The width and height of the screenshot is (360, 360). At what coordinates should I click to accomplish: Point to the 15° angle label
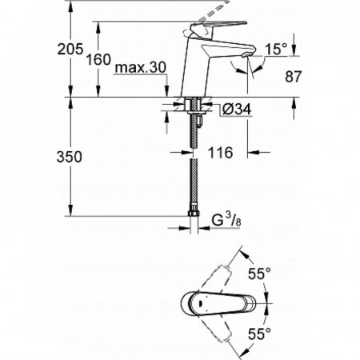click(275, 50)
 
